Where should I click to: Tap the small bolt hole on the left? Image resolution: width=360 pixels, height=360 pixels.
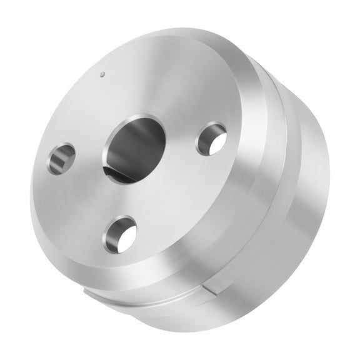61,159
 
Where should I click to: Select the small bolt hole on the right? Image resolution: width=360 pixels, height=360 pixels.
211,139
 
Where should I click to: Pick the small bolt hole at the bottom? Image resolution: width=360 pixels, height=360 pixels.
121,235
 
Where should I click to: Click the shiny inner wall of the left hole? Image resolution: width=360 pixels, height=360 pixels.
57,162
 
